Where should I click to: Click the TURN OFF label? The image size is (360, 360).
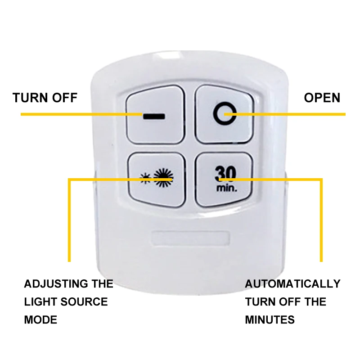pos(45,98)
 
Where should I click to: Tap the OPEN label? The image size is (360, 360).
pos(322,98)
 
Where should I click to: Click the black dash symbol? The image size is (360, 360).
pos(154,116)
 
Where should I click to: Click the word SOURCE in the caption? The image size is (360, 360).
pos(85,301)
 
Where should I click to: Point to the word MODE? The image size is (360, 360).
pos(40,319)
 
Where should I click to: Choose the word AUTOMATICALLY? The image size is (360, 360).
pos(292,284)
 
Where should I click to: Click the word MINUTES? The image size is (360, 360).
pos(270,319)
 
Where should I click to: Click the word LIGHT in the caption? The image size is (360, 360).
pos(41,301)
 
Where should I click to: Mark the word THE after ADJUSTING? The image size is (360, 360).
pos(103,284)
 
